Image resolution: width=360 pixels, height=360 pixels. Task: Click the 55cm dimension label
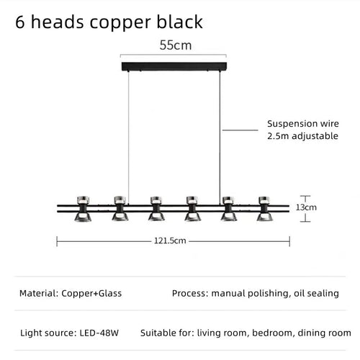pyautogui.click(x=176, y=45)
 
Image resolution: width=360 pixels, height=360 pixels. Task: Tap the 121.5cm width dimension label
pyautogui.click(x=170, y=240)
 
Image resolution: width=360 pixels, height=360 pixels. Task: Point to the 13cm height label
pyautogui.click(x=306, y=207)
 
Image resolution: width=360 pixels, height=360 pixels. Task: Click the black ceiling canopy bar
pyautogui.click(x=174, y=66)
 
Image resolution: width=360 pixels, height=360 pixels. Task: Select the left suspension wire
pyautogui.click(x=128, y=138)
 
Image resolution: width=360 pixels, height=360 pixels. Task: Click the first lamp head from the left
pyautogui.click(x=83, y=209)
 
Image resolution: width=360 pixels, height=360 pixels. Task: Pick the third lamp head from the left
pyautogui.click(x=156, y=209)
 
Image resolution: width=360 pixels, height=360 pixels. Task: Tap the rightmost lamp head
pyautogui.click(x=264, y=209)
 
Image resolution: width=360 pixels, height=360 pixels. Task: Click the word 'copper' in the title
pyautogui.click(x=120, y=23)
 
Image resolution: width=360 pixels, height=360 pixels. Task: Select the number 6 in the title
pyautogui.click(x=20, y=22)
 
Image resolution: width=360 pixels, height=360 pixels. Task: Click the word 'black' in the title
pyautogui.click(x=180, y=22)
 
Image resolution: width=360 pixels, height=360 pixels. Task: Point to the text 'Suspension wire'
pyautogui.click(x=303, y=124)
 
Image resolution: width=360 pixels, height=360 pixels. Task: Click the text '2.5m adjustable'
pyautogui.click(x=302, y=136)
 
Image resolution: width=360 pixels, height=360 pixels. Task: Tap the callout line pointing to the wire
pyautogui.click(x=240, y=130)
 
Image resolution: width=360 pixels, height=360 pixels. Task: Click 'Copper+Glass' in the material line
pyautogui.click(x=91, y=293)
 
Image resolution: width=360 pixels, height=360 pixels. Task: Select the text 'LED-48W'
pyautogui.click(x=99, y=333)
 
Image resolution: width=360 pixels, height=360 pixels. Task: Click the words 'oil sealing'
pyautogui.click(x=316, y=293)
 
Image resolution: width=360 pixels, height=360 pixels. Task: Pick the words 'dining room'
pyautogui.click(x=324, y=333)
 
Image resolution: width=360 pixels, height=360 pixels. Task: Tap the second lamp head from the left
pyautogui.click(x=120, y=209)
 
